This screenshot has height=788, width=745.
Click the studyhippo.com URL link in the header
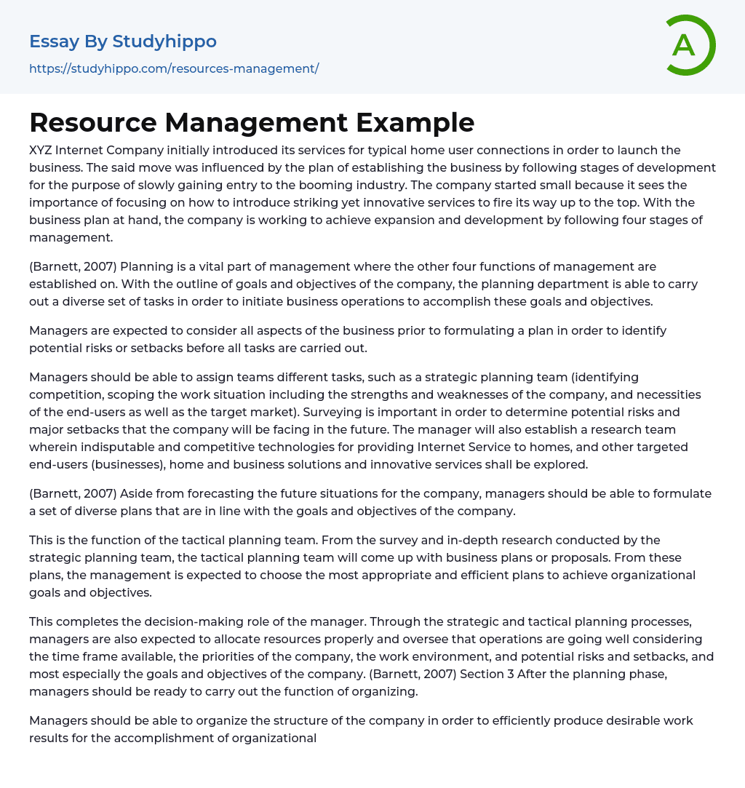[174, 68]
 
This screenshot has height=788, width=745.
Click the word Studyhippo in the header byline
[164, 41]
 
